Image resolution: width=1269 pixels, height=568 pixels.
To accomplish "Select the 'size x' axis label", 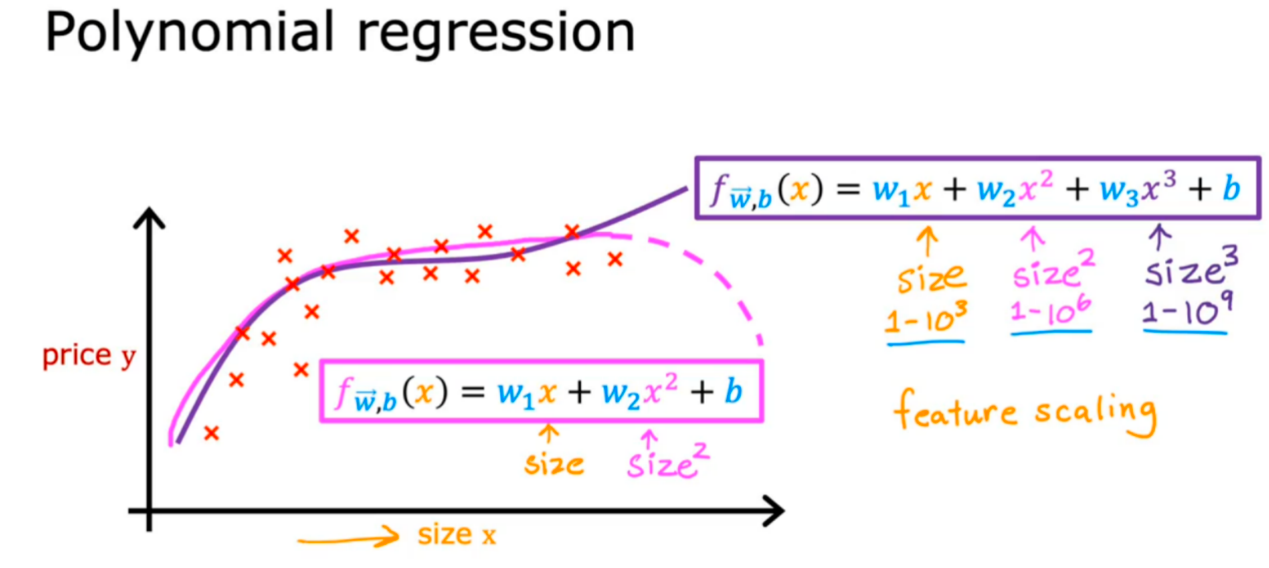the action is (x=456, y=535).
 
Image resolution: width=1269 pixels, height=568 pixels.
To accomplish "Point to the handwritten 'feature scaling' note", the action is (x=1024, y=412).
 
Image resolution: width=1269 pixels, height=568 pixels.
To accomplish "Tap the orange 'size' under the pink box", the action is (x=554, y=464).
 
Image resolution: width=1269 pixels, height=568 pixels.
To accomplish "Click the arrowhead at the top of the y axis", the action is (x=149, y=218).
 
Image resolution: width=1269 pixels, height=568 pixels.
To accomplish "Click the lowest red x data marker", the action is (x=211, y=433).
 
